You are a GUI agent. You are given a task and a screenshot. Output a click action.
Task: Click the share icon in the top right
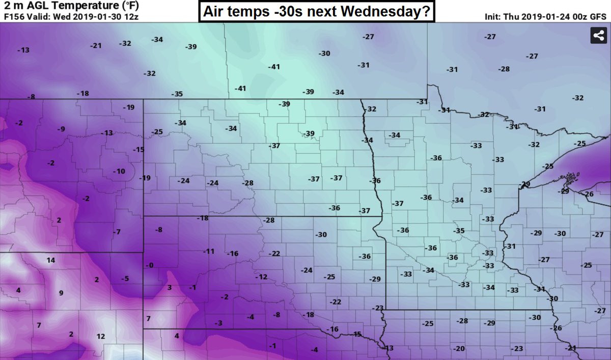597,36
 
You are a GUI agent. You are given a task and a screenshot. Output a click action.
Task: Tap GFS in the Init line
597,16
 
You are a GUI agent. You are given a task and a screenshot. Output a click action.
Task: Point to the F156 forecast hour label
14,16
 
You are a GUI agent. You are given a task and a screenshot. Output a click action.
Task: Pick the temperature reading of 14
50,260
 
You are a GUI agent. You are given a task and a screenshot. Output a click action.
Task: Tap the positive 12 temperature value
101,336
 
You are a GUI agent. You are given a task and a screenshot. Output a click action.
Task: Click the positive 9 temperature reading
61,293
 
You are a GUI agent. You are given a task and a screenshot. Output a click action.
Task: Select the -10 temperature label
118,171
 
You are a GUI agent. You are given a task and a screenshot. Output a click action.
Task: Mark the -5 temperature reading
125,279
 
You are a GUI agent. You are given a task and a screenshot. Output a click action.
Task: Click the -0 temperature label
149,265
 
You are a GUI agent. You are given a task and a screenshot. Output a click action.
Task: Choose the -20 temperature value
459,348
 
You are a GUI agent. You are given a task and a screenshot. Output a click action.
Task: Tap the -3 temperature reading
218,323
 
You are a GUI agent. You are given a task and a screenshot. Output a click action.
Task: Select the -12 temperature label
261,276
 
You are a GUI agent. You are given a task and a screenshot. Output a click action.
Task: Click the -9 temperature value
61,129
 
